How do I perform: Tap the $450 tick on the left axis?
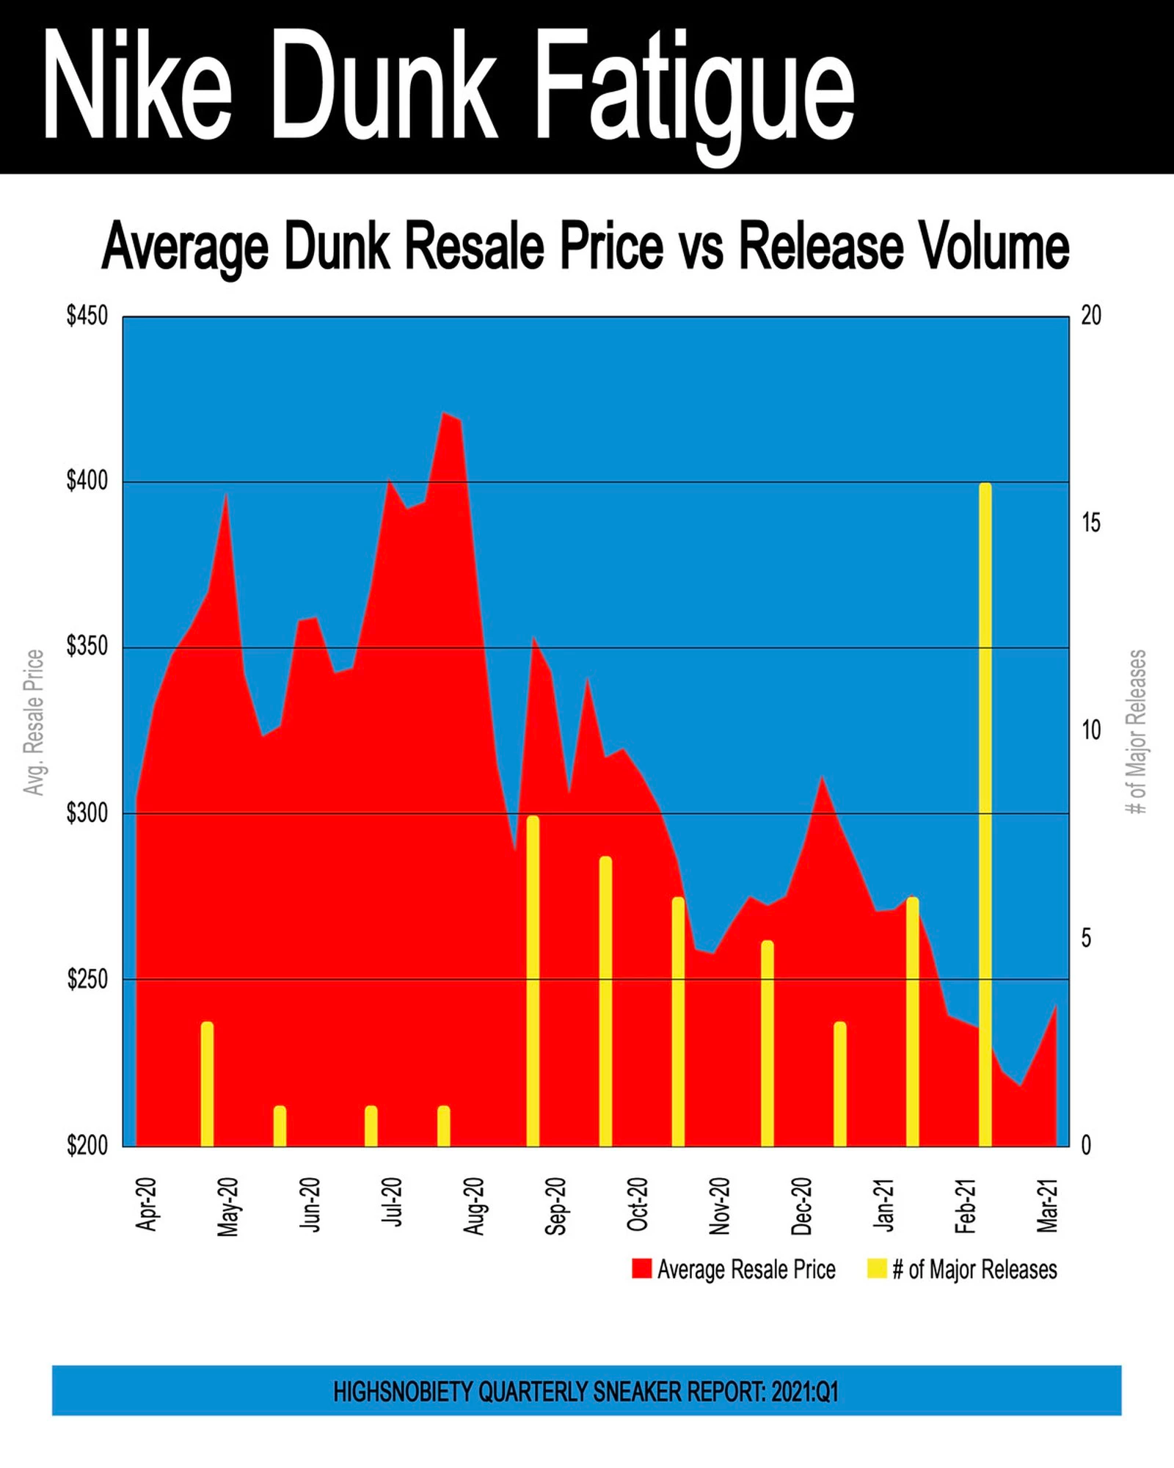[x=87, y=316]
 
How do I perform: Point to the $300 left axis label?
[x=87, y=813]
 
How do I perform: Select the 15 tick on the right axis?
[x=1091, y=523]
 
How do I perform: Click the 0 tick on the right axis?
[x=1087, y=1145]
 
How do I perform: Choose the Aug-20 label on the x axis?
[x=475, y=1206]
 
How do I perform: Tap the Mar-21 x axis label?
[x=1047, y=1205]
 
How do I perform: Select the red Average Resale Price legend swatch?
[x=642, y=1269]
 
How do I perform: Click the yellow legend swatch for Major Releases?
[x=877, y=1269]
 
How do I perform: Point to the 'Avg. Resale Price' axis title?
[x=34, y=722]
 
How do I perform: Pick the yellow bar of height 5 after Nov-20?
[x=767, y=1042]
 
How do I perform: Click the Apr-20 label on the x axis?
[x=147, y=1204]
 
